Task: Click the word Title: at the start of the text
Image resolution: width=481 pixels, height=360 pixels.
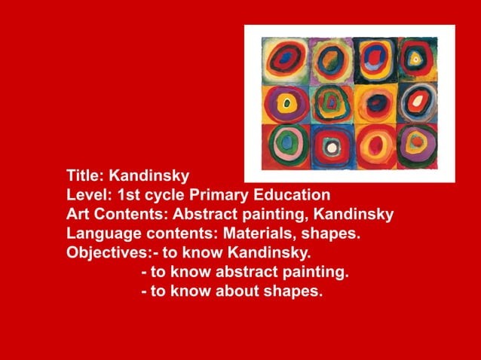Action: tap(85, 176)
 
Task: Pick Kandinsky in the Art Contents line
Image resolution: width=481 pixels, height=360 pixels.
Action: tap(354, 214)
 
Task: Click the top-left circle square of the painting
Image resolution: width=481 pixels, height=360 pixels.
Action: tap(286, 58)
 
